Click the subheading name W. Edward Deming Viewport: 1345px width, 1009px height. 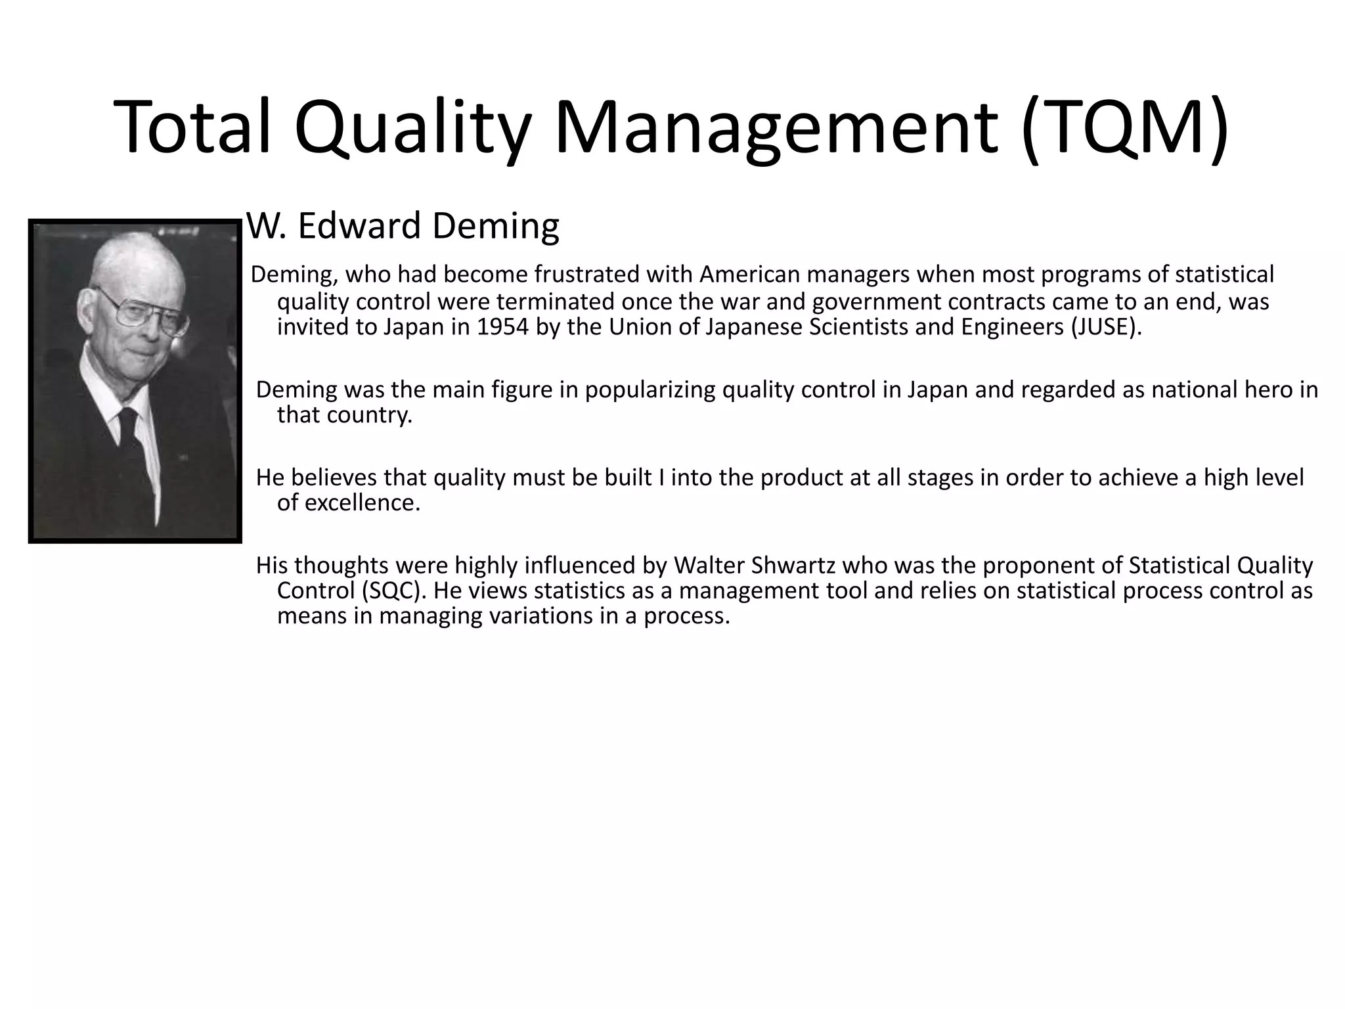(x=403, y=226)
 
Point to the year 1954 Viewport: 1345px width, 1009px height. (x=502, y=326)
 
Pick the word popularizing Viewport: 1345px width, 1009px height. (x=650, y=390)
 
